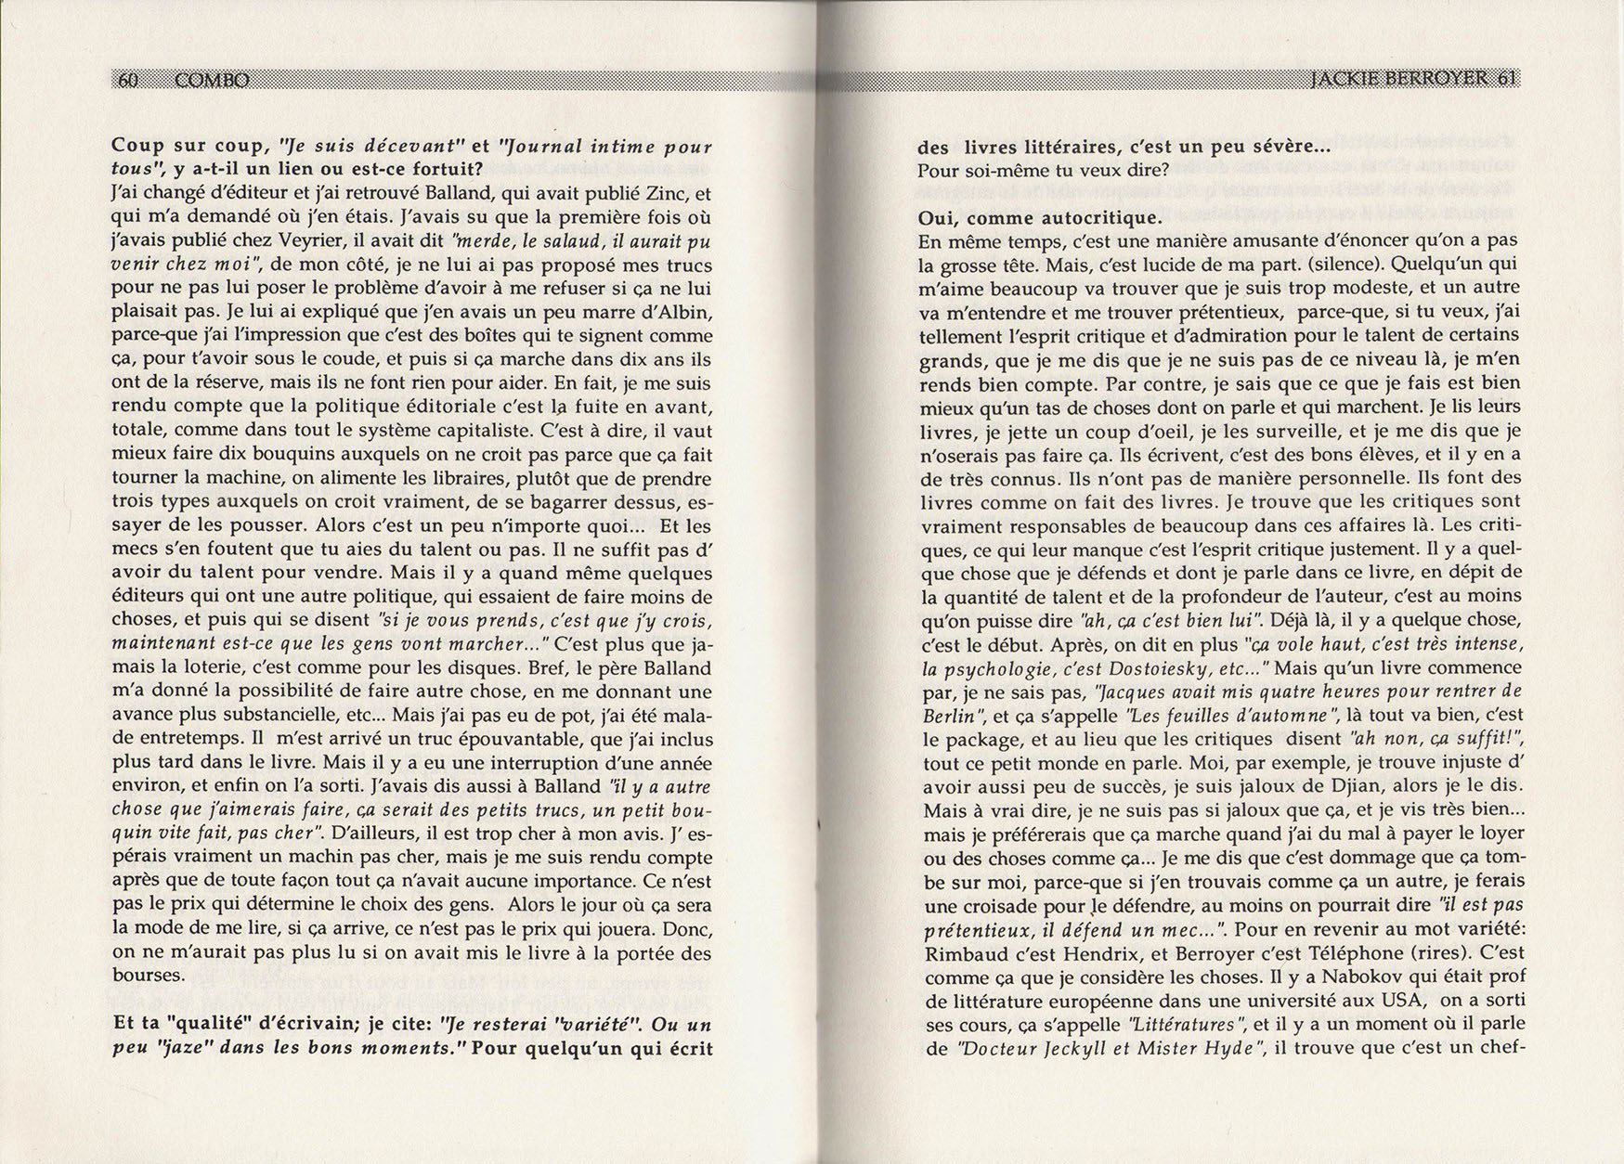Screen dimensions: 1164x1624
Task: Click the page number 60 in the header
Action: [x=128, y=81]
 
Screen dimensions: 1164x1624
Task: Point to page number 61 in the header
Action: [x=1507, y=80]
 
